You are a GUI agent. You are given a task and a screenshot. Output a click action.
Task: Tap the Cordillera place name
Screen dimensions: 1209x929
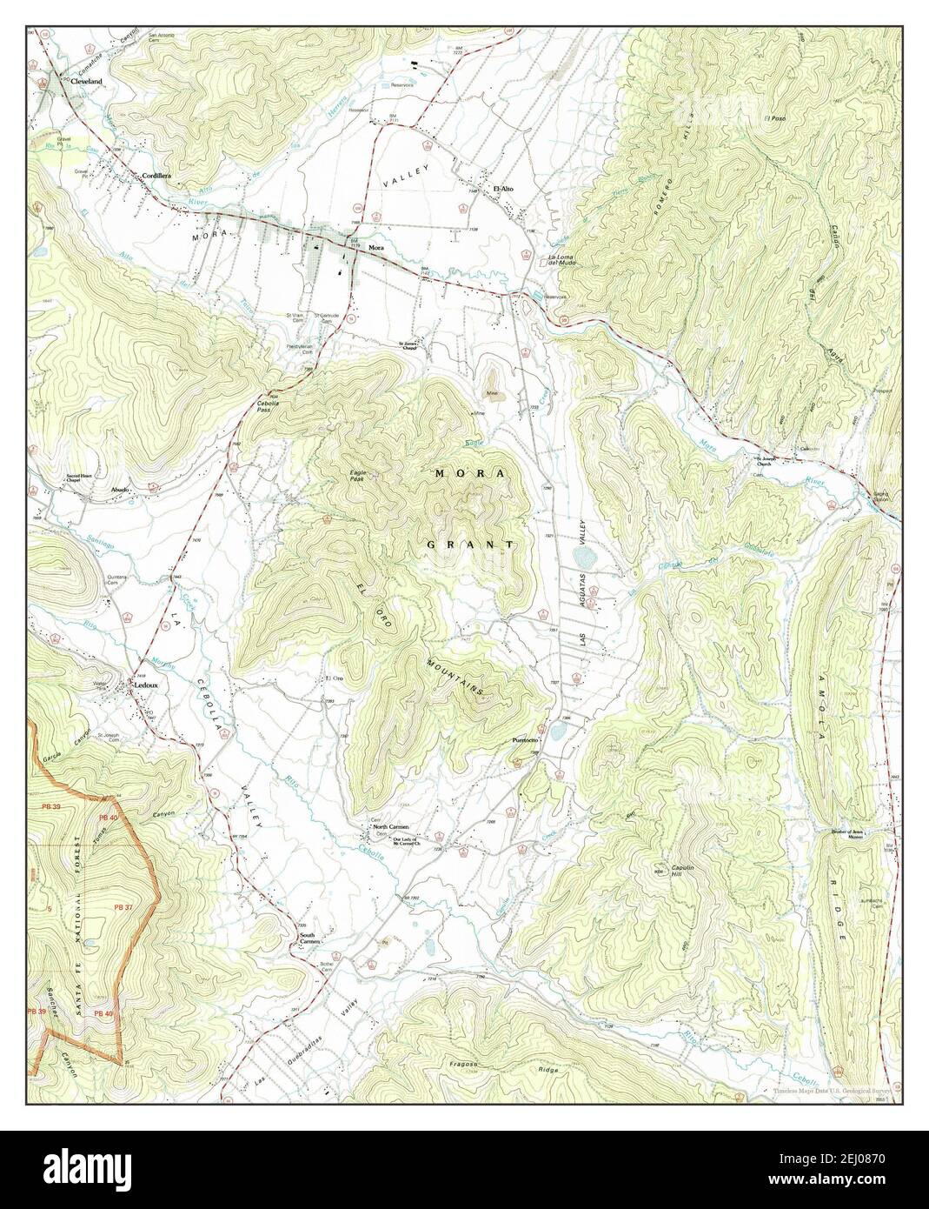coord(156,175)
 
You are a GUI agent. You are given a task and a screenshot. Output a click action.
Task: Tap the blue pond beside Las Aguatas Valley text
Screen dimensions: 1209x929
coord(582,554)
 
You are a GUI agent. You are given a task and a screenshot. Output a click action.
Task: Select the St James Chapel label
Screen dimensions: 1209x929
coord(408,345)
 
